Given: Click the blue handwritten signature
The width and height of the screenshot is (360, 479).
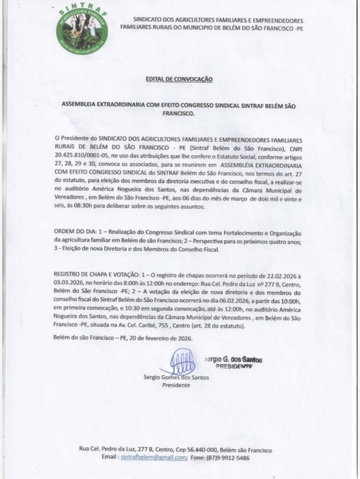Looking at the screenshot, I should tap(178, 363).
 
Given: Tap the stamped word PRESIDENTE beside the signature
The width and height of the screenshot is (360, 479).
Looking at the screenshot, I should tap(234, 367).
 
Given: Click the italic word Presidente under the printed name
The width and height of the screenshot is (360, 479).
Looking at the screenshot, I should tap(176, 385).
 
